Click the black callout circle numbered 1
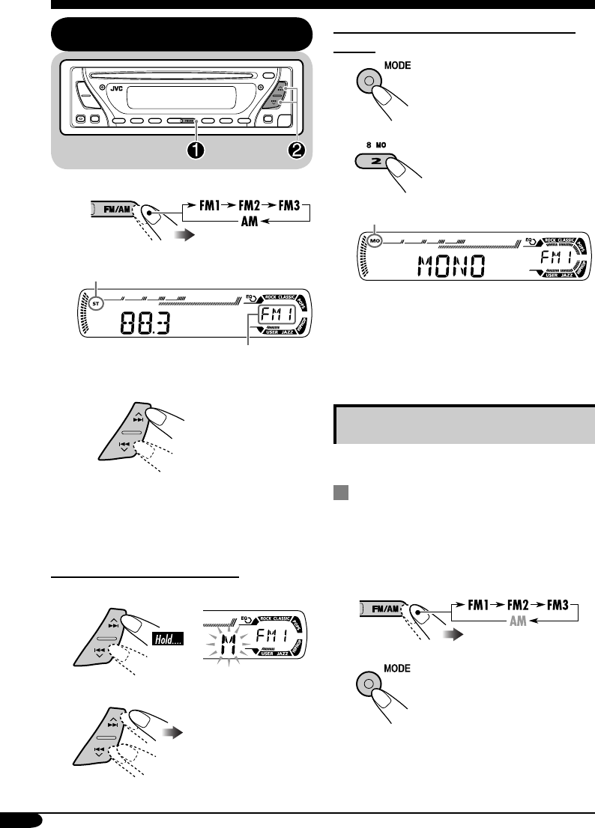click(x=196, y=149)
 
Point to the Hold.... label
click(x=169, y=640)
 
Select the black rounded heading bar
click(x=181, y=34)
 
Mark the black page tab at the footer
click(x=22, y=820)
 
